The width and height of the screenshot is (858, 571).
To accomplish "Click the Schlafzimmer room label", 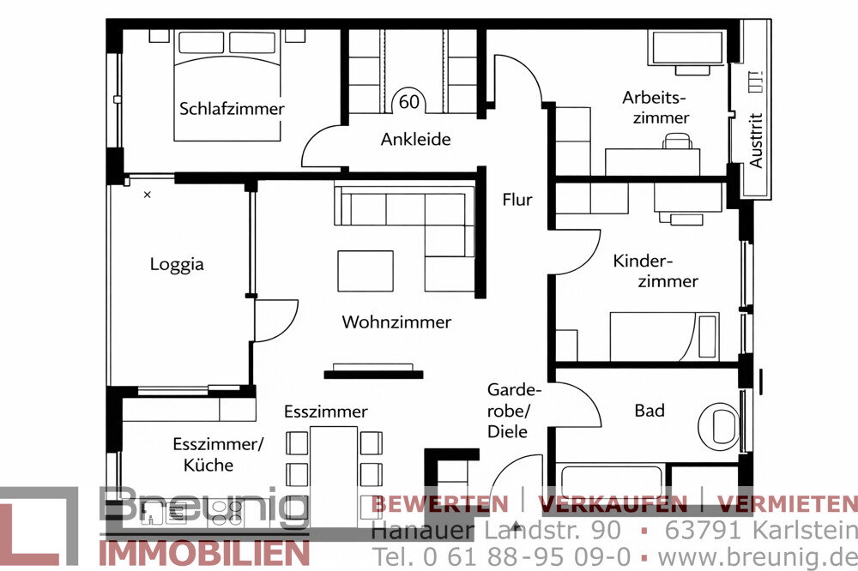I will click(232, 109).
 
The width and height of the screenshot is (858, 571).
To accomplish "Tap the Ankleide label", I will click(415, 139).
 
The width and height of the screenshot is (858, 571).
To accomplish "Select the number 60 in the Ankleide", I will click(409, 102).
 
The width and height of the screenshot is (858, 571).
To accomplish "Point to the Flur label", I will click(517, 200).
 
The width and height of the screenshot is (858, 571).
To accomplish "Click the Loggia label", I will click(177, 264).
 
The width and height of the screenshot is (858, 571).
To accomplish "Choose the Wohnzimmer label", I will click(396, 322).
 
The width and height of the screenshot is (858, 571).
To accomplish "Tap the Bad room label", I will click(650, 411).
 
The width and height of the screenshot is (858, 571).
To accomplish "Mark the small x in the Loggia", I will click(147, 195).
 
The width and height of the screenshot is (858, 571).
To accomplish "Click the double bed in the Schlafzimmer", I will click(227, 86).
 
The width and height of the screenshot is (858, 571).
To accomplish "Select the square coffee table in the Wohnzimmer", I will click(366, 271).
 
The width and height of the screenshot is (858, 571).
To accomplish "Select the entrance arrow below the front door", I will click(516, 525).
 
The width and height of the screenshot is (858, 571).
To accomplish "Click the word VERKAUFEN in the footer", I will click(613, 503).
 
